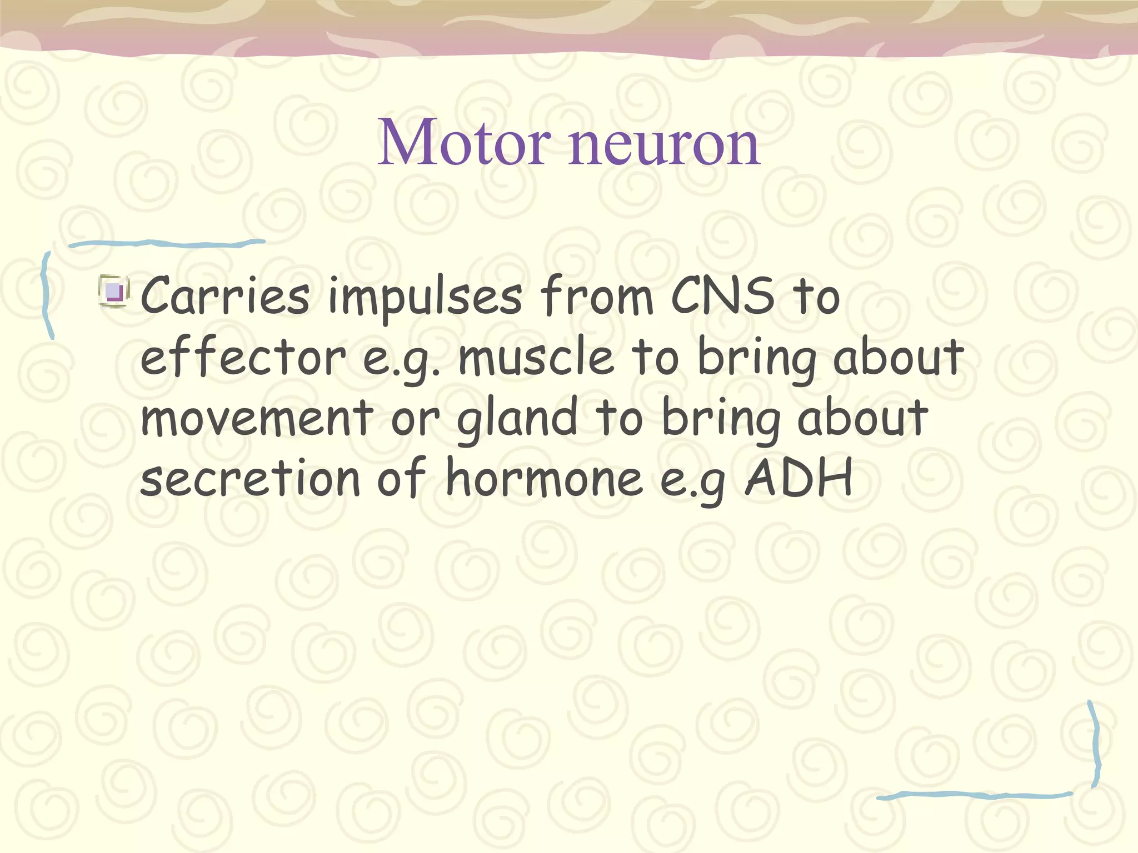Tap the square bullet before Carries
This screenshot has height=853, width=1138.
point(114,291)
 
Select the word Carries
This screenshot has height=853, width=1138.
point(225,295)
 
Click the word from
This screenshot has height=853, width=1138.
point(597,295)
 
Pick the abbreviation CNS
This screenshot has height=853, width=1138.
point(722,295)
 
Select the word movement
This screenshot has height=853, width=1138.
point(257,418)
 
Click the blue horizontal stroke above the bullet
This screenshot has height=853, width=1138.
point(167,243)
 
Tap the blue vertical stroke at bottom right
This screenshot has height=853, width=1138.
point(1095,744)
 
